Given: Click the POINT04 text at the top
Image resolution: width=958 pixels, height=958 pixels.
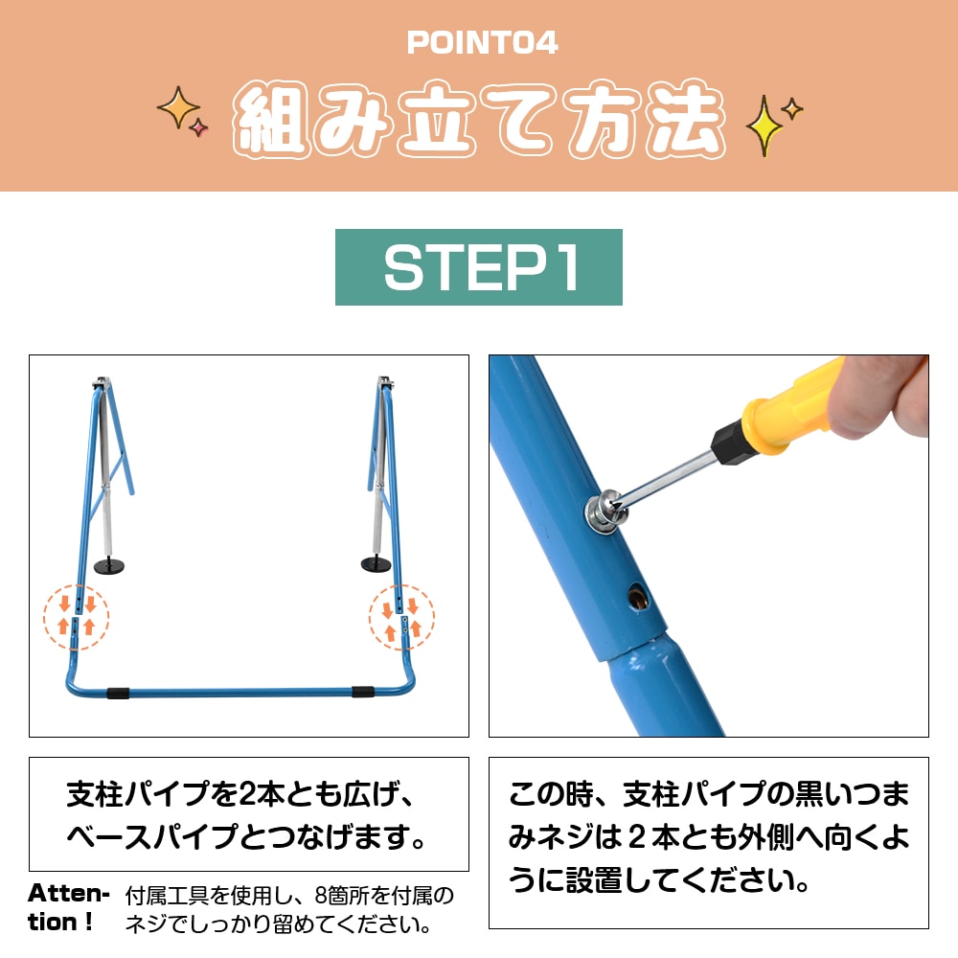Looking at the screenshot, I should coord(482,43).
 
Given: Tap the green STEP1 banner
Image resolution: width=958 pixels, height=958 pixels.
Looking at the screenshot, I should coord(479,267).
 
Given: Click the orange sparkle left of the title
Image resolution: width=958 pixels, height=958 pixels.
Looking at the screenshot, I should coord(178,107).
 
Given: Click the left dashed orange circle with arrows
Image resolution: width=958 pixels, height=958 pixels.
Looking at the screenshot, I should coord(76,616).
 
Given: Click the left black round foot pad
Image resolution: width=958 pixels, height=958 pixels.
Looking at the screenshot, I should coord(117,569).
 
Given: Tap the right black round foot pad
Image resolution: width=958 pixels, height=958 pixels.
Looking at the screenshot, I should coord(376,562).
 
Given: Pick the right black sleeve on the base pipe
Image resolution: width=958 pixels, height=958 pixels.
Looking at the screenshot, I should coord(363,691).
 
